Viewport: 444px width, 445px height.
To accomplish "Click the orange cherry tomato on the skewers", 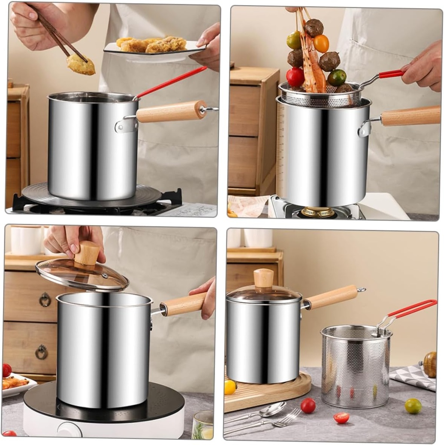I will point(321,43).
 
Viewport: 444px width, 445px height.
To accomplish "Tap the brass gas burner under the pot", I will point(318,212).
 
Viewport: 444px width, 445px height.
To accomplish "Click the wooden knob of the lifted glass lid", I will point(87,253).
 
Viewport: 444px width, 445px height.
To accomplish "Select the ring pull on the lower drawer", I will point(42,352).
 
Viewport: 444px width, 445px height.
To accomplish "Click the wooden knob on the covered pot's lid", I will point(264,278).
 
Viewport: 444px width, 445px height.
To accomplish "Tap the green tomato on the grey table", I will point(413,406).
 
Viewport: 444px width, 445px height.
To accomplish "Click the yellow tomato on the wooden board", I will point(230,386).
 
